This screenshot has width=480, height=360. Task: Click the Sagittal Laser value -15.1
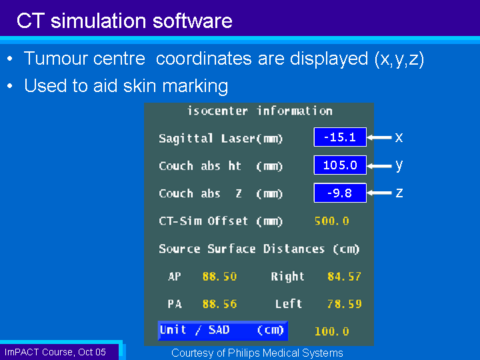tap(340, 137)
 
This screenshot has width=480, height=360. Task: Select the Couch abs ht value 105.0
tap(340, 165)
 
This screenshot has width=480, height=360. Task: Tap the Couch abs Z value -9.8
tap(340, 193)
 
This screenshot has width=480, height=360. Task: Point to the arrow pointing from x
tap(379, 137)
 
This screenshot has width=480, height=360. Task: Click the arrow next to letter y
tap(379, 166)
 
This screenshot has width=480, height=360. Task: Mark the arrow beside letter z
tap(379, 193)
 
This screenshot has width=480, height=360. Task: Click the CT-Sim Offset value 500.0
tap(332, 221)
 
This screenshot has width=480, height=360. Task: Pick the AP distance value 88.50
tap(219, 277)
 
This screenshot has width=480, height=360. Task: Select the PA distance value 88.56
tap(219, 304)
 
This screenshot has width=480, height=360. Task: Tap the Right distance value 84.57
tap(345, 277)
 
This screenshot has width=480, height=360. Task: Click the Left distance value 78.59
tap(345, 304)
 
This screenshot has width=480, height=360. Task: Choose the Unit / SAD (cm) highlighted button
tap(223, 331)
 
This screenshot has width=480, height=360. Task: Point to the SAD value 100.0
tap(332, 331)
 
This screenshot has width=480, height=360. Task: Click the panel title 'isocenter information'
tap(260, 111)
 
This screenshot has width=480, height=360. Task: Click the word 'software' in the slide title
tap(192, 21)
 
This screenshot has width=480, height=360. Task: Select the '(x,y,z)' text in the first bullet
tap(399, 59)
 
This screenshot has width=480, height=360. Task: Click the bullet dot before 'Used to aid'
tap(10, 86)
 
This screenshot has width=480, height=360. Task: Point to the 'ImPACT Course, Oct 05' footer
tap(55, 352)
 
